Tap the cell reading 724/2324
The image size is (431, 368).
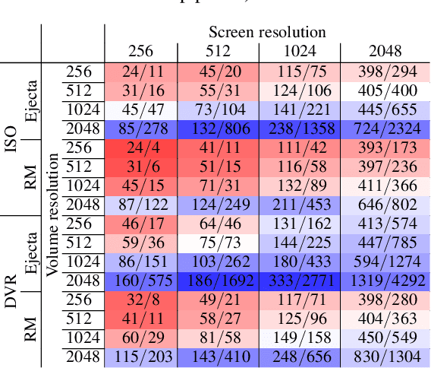(382, 129)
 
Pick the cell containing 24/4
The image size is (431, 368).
(140, 148)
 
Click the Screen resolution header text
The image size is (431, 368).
(267, 33)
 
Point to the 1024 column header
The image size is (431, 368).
(299, 52)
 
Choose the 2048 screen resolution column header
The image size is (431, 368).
(382, 52)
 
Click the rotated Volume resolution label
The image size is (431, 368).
(53, 215)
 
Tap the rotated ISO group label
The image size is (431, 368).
(11, 138)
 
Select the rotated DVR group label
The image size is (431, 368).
(11, 290)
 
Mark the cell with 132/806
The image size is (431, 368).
(218, 129)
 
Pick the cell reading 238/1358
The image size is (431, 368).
(299, 129)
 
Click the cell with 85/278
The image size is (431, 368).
(140, 129)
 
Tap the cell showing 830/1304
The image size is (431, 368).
(382, 357)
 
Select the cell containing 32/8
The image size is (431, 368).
(140, 300)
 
